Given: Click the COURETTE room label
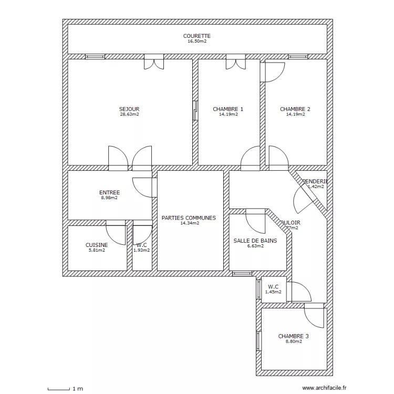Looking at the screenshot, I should [197, 36].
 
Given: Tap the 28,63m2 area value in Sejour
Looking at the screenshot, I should [129, 114].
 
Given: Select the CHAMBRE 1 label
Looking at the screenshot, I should [228, 109].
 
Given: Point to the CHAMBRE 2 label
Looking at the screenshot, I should [295, 109].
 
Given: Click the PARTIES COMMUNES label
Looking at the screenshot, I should [189, 217].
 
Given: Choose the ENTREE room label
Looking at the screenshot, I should [109, 193].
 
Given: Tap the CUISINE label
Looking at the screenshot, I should [97, 245].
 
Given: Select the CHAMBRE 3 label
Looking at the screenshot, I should [293, 336].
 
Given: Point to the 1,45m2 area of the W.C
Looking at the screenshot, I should [273, 292].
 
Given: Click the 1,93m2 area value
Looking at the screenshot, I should [141, 250].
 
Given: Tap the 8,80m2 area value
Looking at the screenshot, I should [294, 341].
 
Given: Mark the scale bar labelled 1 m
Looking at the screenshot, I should [58, 389].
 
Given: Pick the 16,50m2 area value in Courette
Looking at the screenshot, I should [197, 41].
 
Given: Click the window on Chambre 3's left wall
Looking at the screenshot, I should [258, 340].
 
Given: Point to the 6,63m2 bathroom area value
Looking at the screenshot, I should [255, 246].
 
